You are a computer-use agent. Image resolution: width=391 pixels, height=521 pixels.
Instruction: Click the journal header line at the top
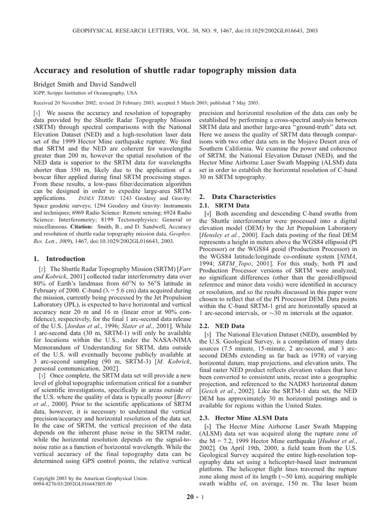tap(195, 31)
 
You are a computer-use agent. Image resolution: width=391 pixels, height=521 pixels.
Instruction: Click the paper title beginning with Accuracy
tap(172, 70)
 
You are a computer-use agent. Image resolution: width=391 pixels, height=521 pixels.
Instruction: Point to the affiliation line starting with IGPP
tap(85, 93)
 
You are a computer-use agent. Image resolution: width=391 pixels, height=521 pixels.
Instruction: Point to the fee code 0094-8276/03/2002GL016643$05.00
tap(72, 484)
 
